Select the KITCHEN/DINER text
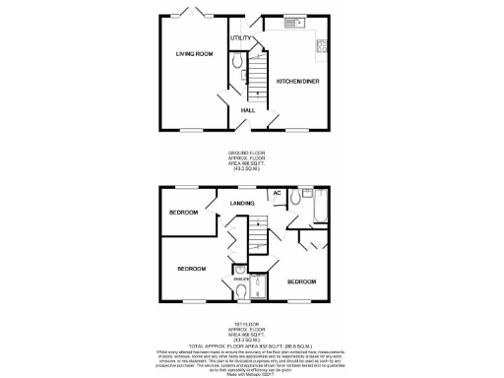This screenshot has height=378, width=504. pos(296,80)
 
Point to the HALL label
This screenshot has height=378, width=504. pos(249,110)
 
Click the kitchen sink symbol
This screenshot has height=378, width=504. pos(293,22)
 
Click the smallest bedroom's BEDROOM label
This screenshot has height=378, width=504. pos(183,213)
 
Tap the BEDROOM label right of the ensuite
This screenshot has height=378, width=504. pos(302,282)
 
